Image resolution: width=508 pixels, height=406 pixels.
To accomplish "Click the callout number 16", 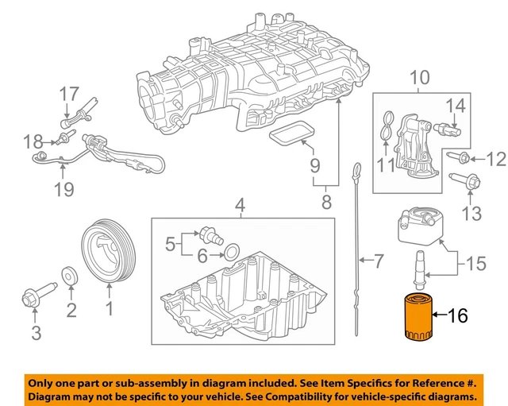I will click(x=458, y=316).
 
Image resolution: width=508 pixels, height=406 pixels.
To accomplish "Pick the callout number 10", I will click(x=418, y=78).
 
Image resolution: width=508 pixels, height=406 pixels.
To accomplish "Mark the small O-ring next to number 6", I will click(x=229, y=253).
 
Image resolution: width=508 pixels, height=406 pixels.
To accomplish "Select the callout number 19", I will click(x=63, y=189).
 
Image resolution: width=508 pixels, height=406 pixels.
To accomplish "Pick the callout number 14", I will click(x=454, y=105).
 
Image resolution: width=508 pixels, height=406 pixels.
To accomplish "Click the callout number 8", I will click(x=326, y=203).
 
